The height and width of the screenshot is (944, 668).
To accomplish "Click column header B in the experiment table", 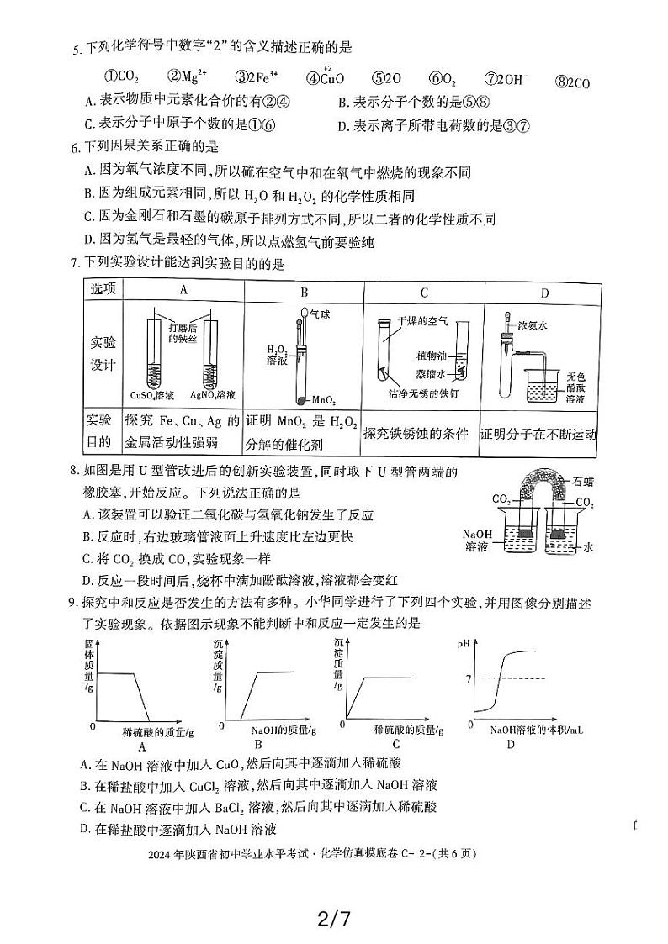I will (304, 292).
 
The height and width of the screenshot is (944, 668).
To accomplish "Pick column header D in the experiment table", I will (543, 292).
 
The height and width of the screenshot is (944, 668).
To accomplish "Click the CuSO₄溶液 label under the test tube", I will (152, 395).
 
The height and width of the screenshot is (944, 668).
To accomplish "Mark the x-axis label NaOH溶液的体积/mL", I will (536, 730).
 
